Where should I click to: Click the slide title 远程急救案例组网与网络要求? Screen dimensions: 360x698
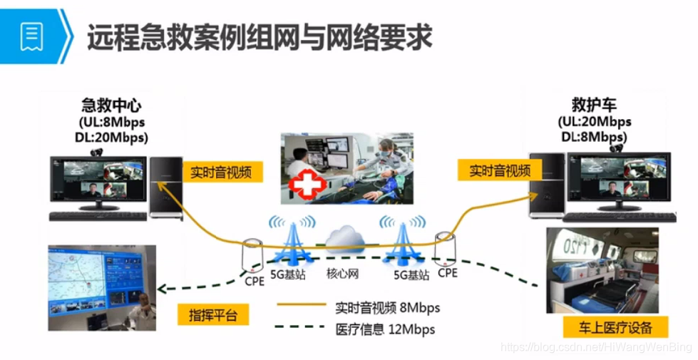point(260,37)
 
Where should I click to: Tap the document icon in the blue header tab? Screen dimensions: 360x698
point(31,36)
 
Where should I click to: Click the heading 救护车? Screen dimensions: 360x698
point(595,105)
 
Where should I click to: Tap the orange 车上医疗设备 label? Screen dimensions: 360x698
point(616,328)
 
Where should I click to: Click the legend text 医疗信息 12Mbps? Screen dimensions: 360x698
point(385,329)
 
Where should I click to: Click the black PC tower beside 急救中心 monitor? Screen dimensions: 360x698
point(165,187)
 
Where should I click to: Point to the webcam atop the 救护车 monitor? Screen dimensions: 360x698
point(617,148)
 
